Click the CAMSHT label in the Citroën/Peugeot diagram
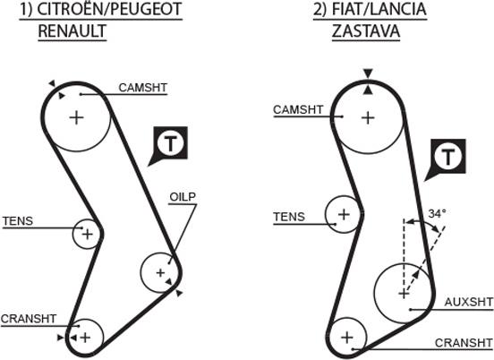(x=142, y=88)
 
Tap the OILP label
(x=183, y=197)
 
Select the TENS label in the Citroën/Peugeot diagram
(x=18, y=221)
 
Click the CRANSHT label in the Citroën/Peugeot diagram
(x=29, y=319)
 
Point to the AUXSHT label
(x=468, y=302)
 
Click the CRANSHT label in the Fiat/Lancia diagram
(x=464, y=343)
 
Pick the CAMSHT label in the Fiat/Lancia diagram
(x=298, y=110)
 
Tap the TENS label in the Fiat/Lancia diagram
(x=289, y=217)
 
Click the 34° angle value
(x=437, y=214)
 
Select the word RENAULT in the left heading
(x=72, y=30)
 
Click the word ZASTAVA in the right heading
(x=366, y=30)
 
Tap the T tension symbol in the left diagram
(x=170, y=144)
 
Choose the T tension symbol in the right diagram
(x=447, y=157)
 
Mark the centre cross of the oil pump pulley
(x=161, y=272)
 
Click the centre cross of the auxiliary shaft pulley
(x=404, y=294)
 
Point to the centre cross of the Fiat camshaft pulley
(x=368, y=118)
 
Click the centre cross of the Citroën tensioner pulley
(x=88, y=234)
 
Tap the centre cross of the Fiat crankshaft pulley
(x=347, y=338)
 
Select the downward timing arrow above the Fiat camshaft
(x=368, y=73)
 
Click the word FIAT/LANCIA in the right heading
(x=379, y=9)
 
